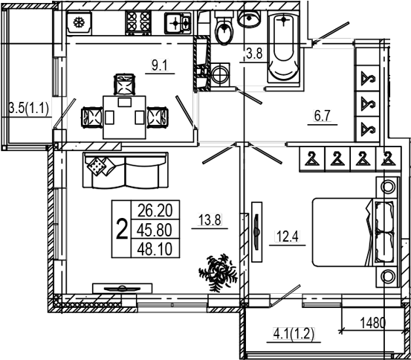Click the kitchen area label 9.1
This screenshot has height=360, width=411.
tap(159, 65)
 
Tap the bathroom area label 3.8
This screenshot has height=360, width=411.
tap(254, 54)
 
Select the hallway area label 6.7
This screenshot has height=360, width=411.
tap(322, 116)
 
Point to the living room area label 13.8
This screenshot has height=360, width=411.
tap(210, 219)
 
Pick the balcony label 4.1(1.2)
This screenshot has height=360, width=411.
tap(294, 334)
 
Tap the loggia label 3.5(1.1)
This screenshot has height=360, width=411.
tap(28, 108)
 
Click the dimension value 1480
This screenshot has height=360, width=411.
tap(372, 323)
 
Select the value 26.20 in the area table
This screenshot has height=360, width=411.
tap(155, 210)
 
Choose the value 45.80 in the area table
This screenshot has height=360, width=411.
tap(155, 230)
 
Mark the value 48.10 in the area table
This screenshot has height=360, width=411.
tap(155, 248)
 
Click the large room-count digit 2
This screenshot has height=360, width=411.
tap(122, 229)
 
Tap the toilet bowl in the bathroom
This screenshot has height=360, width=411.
tap(224, 30)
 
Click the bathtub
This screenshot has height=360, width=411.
tap(283, 48)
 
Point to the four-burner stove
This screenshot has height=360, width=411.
tap(138, 22)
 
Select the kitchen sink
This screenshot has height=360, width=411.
tap(178, 23)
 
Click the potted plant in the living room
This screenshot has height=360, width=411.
tap(219, 272)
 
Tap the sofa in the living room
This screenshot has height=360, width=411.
tap(126, 170)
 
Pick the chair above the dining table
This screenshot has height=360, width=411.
tap(125, 85)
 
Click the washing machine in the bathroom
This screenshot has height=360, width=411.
tap(220, 74)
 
